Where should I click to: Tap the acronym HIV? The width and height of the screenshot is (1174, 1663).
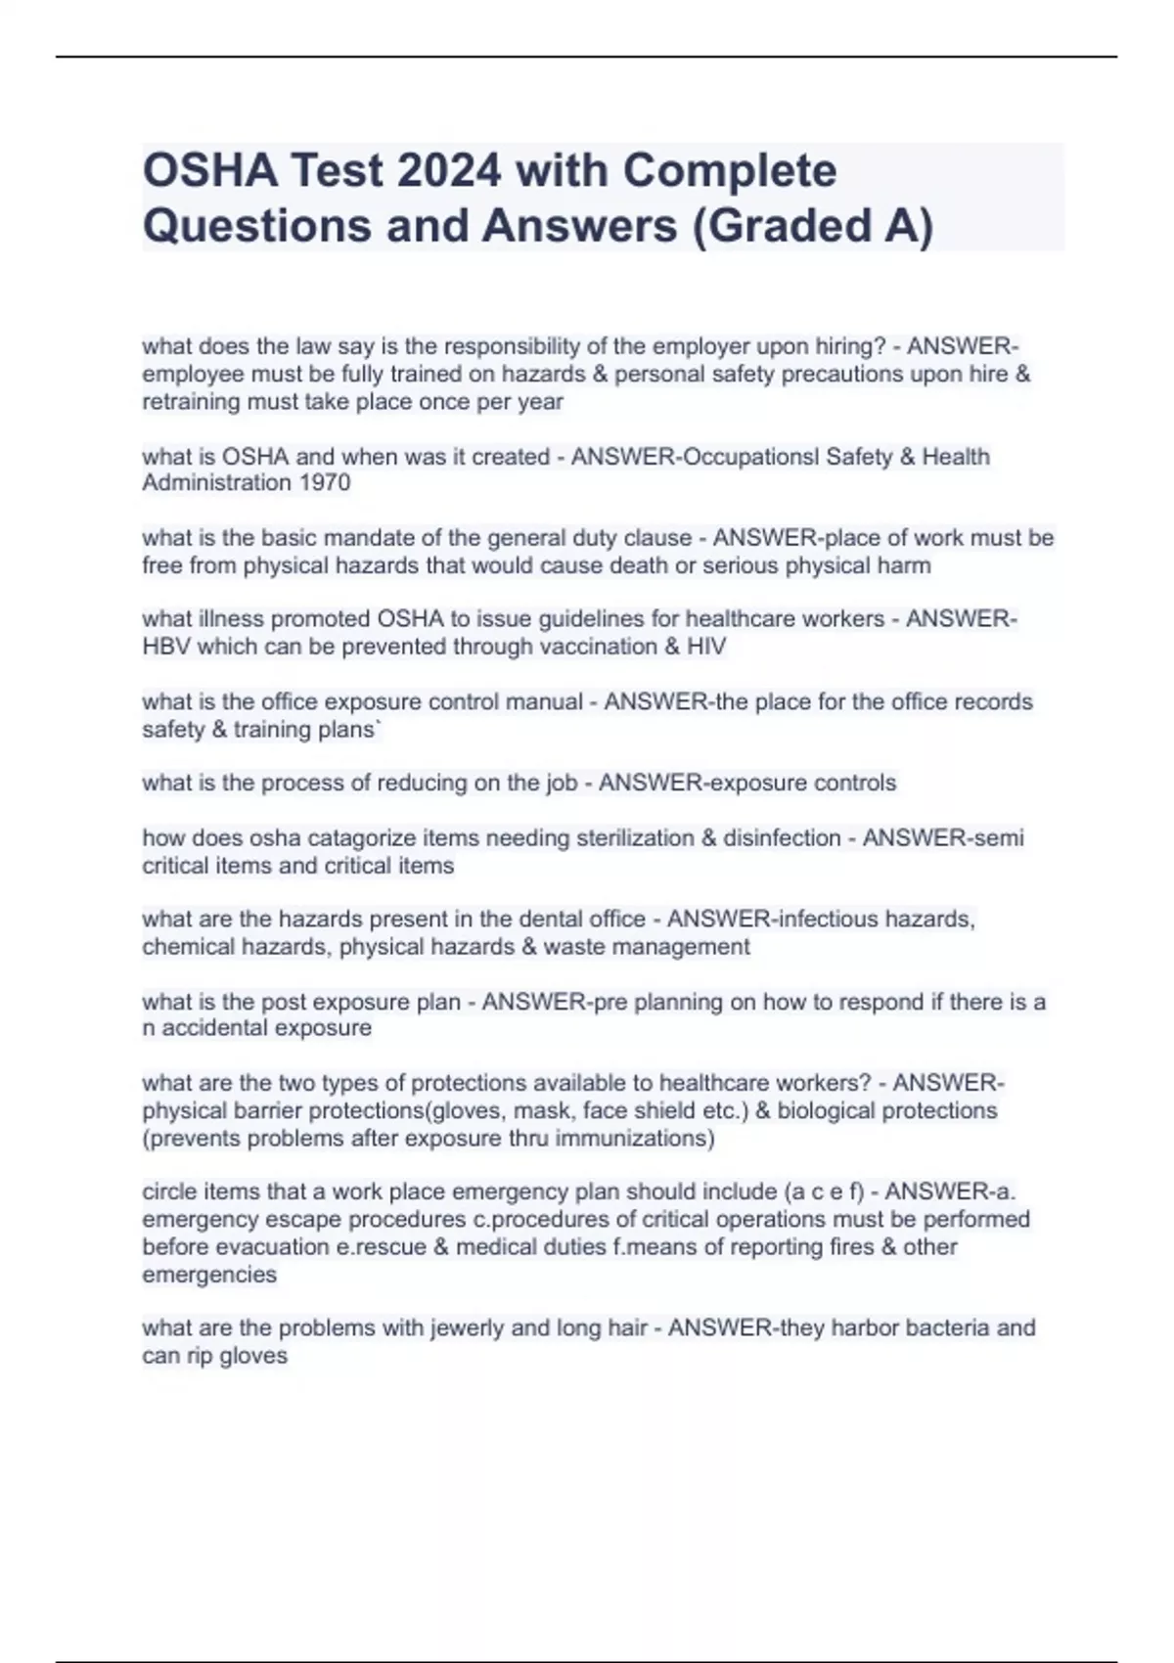pos(703,647)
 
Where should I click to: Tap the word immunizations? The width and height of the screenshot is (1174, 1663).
pos(635,1139)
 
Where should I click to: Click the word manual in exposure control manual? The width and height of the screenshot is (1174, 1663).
pos(549,702)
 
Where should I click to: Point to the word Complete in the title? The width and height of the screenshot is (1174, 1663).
pos(729,170)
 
